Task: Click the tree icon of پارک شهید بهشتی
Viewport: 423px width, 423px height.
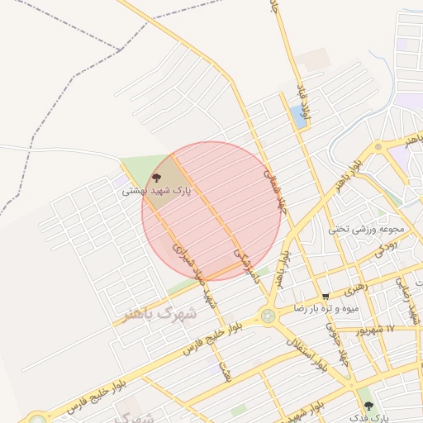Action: (x=157, y=178)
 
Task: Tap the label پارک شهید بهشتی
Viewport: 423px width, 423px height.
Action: (x=157, y=191)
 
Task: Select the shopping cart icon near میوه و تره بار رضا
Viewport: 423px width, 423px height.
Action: (x=326, y=297)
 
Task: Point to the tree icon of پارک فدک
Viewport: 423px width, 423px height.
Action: (x=368, y=406)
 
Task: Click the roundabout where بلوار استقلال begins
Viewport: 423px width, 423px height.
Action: (x=268, y=315)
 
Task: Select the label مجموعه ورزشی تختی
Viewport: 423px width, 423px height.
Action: (x=367, y=229)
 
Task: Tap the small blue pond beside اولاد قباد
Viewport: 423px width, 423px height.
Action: (x=297, y=116)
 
